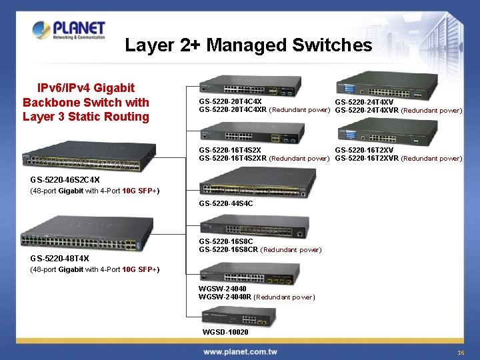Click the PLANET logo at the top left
[x=69, y=30]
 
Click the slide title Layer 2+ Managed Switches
[x=248, y=45]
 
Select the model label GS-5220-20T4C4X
[x=230, y=102]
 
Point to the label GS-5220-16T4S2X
[x=230, y=151]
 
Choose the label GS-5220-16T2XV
[x=364, y=151]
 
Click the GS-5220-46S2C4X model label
[x=65, y=180]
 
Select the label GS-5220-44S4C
[x=226, y=203]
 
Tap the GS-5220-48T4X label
[x=59, y=259]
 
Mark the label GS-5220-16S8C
[x=226, y=241]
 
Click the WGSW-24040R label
[x=225, y=297]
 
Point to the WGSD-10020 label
[x=225, y=332]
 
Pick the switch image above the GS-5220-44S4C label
[x=257, y=181]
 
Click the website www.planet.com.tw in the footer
[x=240, y=351]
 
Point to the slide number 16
[x=461, y=352]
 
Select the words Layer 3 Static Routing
[x=86, y=117]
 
